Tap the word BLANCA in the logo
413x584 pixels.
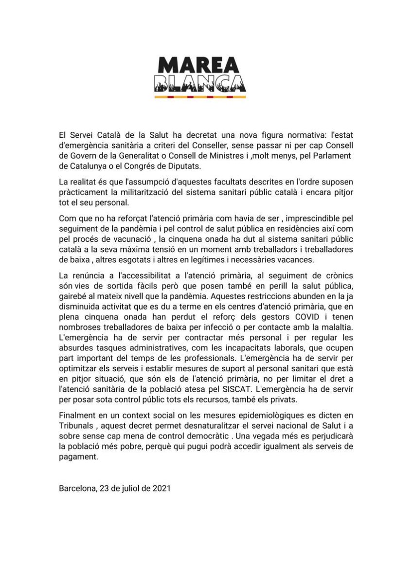coord(200,83)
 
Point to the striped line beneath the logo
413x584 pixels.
coord(200,97)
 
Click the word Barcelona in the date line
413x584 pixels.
coord(76,488)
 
